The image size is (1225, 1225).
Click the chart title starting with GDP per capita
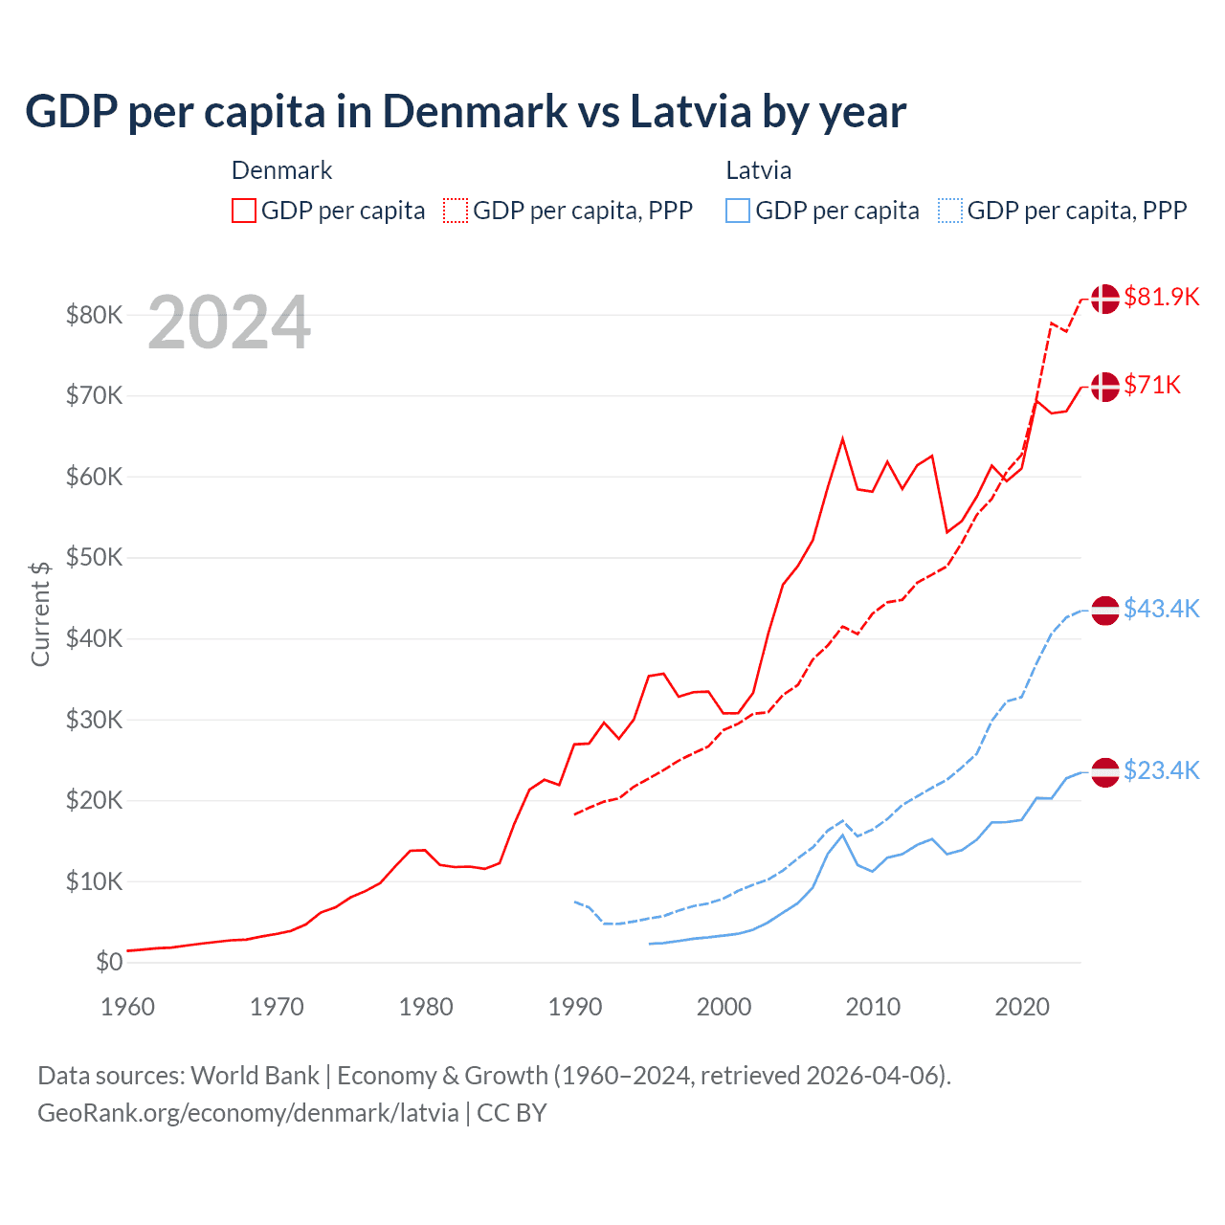(x=465, y=112)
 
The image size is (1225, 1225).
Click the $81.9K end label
(x=1161, y=297)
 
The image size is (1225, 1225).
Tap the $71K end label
(x=1152, y=385)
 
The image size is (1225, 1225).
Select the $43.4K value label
(x=1161, y=609)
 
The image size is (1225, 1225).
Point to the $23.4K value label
(x=1161, y=770)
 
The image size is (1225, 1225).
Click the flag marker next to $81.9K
(x=1105, y=299)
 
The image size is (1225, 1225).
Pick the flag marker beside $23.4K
(x=1105, y=771)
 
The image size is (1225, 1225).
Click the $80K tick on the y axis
(x=94, y=315)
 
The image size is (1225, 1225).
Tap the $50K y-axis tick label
(x=94, y=557)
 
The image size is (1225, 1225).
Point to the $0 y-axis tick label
(x=109, y=962)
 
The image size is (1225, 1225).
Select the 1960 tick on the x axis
(x=127, y=1007)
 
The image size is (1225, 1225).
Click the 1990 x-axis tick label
(x=575, y=1007)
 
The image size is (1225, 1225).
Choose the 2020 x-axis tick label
(x=1022, y=1007)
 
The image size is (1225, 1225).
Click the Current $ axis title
(x=40, y=613)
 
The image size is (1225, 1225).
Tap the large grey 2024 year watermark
(x=229, y=323)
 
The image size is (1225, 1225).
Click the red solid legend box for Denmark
(x=244, y=211)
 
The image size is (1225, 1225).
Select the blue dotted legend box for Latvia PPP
(x=950, y=211)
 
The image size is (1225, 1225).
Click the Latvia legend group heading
(x=758, y=170)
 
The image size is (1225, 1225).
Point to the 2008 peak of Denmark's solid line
(x=842, y=438)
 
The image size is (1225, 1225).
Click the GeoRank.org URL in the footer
(x=248, y=1113)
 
